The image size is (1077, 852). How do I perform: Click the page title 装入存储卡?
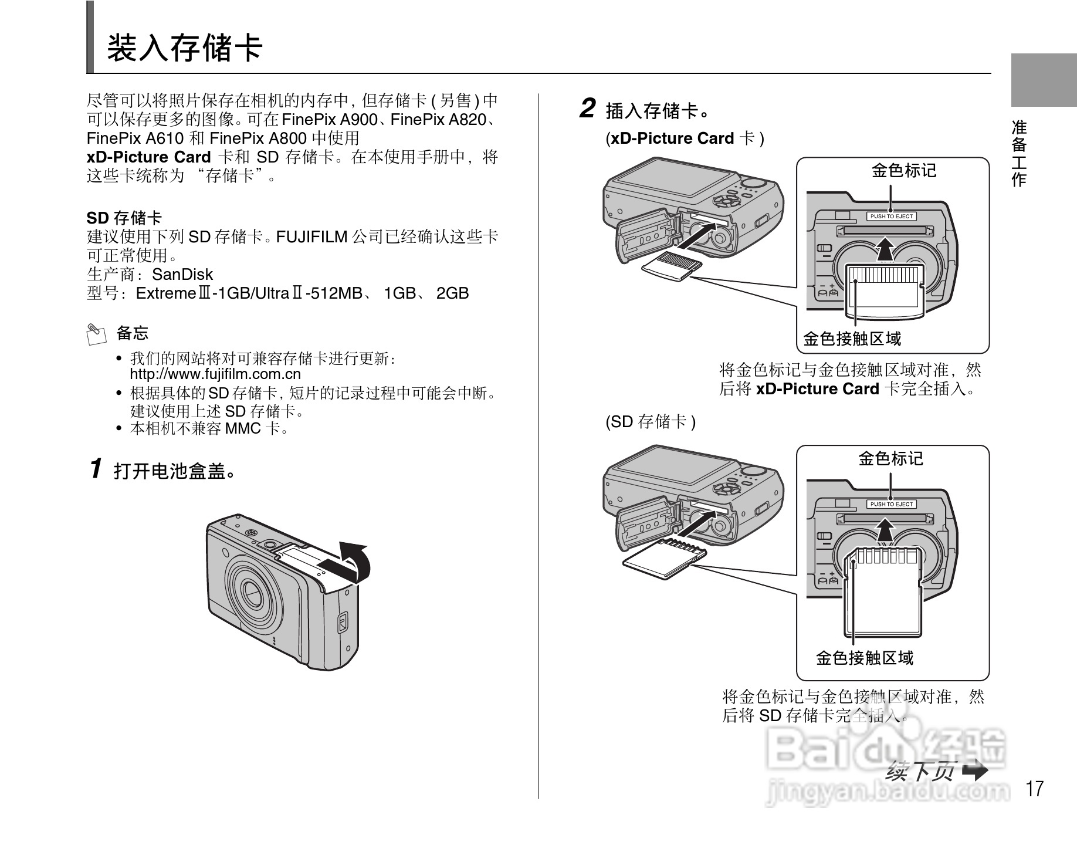pyautogui.click(x=184, y=48)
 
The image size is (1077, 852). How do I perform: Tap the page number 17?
pyautogui.click(x=1035, y=789)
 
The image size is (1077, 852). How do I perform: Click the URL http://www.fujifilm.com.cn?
pyautogui.click(x=215, y=374)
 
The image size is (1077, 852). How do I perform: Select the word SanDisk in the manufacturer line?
pyautogui.click(x=182, y=275)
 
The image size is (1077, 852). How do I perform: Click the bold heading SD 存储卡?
pyautogui.click(x=124, y=218)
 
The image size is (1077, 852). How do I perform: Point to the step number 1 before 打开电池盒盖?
pyautogui.click(x=96, y=469)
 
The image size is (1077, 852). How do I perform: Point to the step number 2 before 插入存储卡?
pyautogui.click(x=587, y=109)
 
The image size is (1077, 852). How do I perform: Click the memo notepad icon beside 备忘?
pyautogui.click(x=96, y=333)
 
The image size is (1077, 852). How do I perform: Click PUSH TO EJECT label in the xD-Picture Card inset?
pyautogui.click(x=891, y=217)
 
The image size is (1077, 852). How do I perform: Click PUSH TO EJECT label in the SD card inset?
pyautogui.click(x=891, y=504)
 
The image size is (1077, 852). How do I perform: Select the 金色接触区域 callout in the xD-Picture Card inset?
pyautogui.click(x=852, y=339)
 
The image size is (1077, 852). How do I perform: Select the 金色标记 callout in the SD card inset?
pyautogui.click(x=890, y=458)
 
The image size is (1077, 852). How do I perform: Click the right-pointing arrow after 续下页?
pyautogui.click(x=975, y=770)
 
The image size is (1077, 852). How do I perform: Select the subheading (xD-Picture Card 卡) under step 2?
pyautogui.click(x=685, y=139)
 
